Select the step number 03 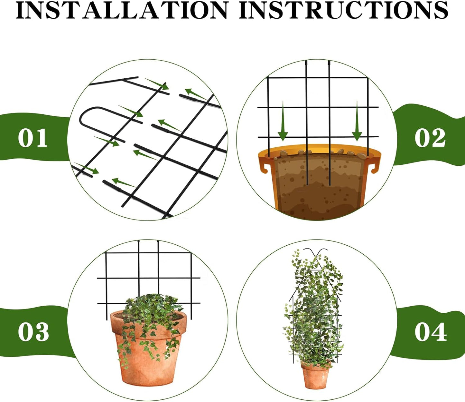point(33,332)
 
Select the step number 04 point(431,332)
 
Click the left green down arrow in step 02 point(283,123)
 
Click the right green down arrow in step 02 point(357,123)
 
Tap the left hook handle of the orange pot point(265,166)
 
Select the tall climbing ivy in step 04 point(314,309)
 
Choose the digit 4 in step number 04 point(439,332)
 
